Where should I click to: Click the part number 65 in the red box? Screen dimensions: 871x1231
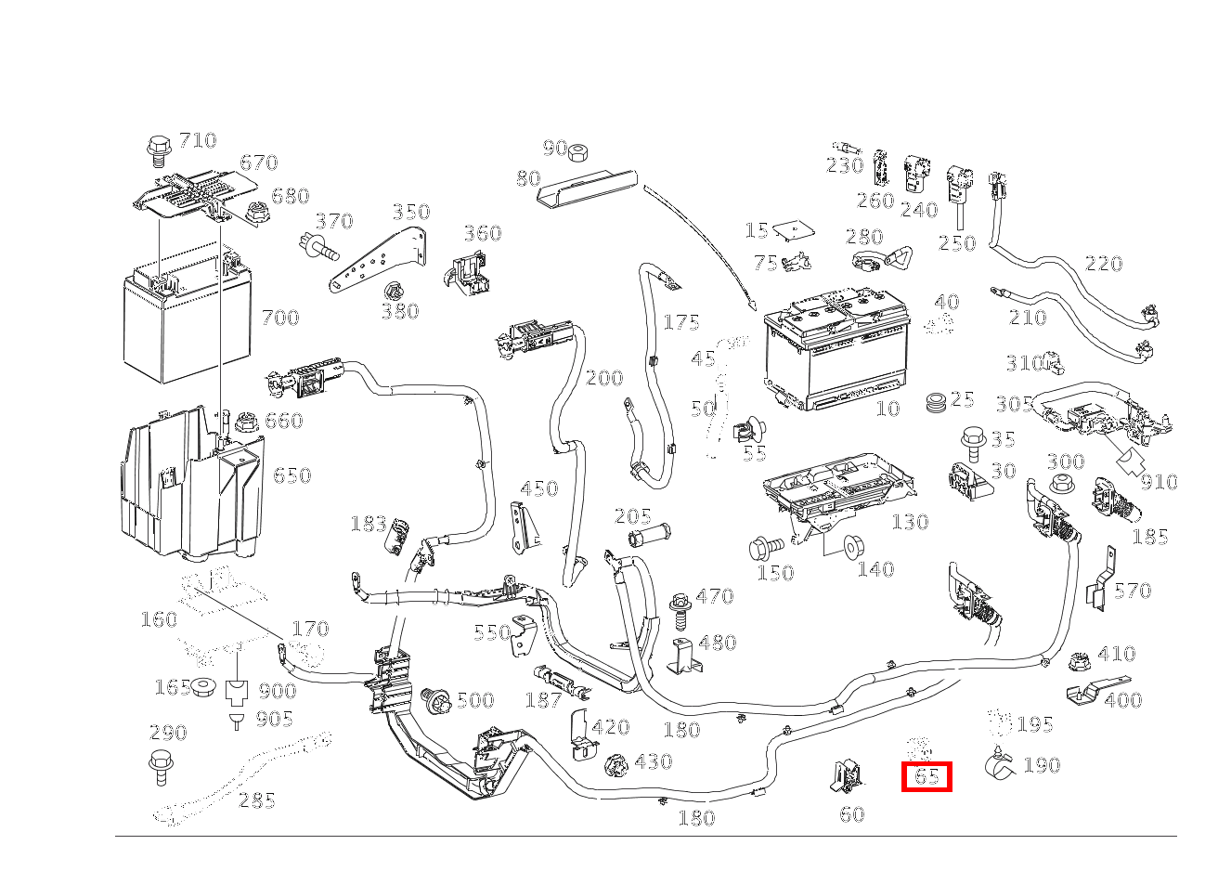coord(926,775)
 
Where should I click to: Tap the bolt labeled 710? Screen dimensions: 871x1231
coord(158,149)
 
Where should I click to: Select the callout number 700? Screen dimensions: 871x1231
coord(279,318)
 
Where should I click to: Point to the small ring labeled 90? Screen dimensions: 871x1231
coord(579,152)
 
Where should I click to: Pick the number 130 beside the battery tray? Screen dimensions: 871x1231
coord(909,522)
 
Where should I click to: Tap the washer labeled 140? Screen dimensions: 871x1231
coord(849,547)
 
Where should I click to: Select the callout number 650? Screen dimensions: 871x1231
coord(292,475)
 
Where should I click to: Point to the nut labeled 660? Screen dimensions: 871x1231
coord(247,422)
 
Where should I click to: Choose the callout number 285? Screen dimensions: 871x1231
coord(256,799)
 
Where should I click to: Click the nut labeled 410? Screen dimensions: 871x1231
coord(1079,663)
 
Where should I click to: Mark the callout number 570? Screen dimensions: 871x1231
coord(1132,591)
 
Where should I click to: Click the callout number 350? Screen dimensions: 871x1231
coord(409,212)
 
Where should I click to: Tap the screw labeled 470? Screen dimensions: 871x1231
coord(680,604)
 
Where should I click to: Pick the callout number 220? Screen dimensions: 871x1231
coord(1103,265)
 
